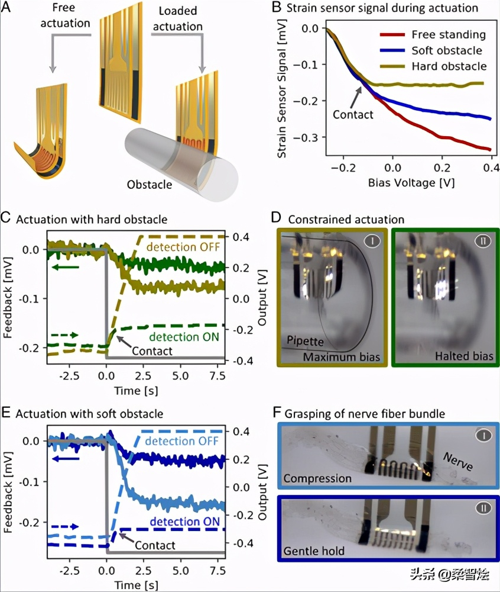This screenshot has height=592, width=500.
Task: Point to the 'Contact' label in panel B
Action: click(x=353, y=114)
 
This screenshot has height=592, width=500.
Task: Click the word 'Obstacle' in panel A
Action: click(x=150, y=185)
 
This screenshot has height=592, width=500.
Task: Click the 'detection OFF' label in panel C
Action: click(x=184, y=246)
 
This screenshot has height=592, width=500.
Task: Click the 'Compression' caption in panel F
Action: click(x=317, y=478)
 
